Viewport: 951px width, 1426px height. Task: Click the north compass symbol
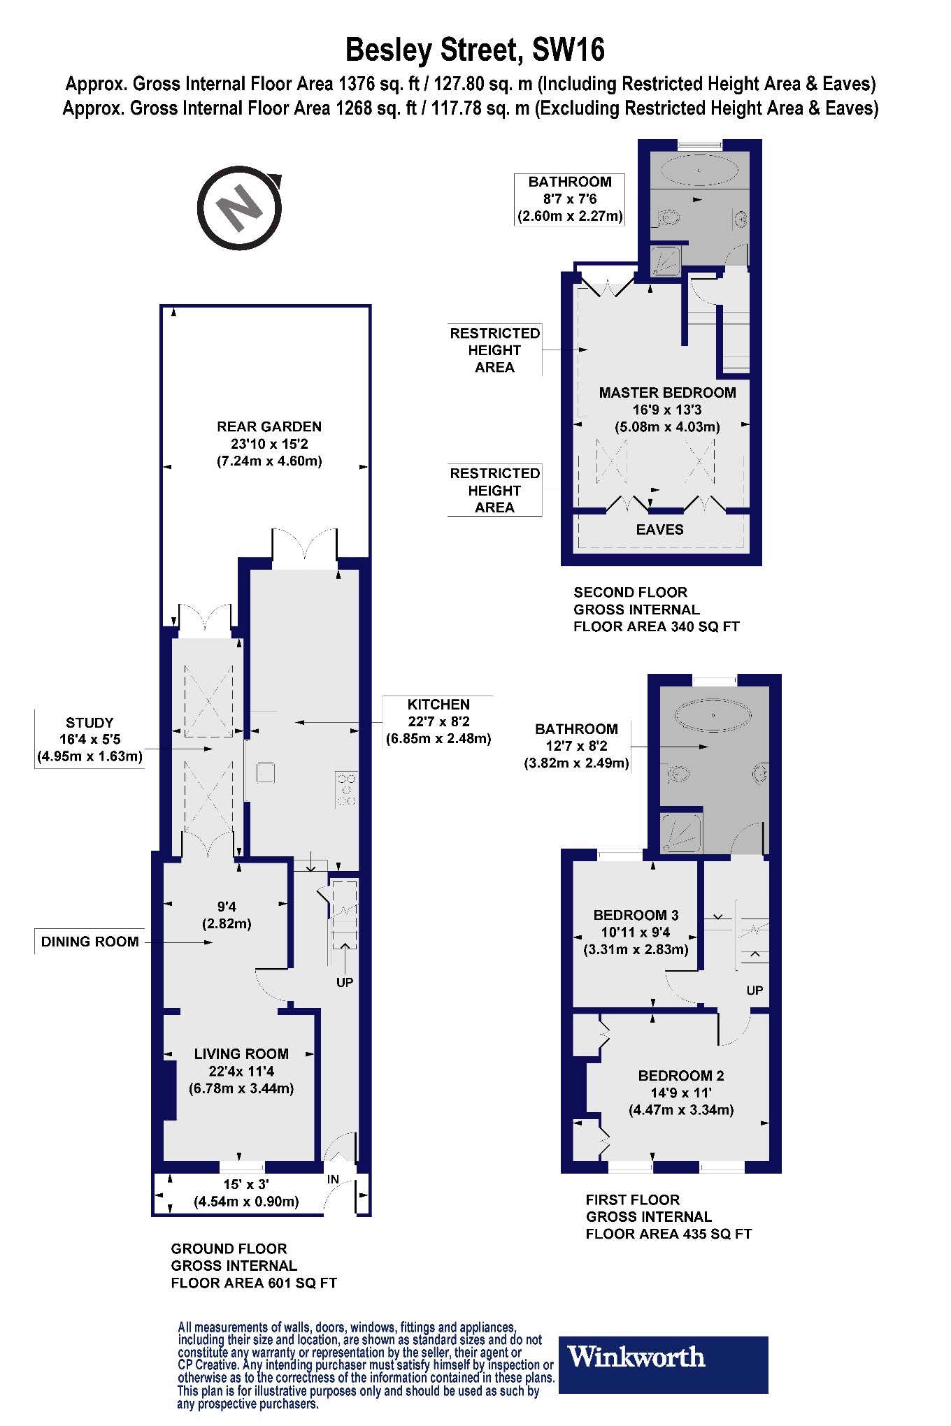(239, 208)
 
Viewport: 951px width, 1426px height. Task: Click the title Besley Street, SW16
(475, 50)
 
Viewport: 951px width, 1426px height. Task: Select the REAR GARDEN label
(269, 426)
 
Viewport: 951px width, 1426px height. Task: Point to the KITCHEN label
(438, 705)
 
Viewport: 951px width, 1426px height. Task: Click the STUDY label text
(90, 723)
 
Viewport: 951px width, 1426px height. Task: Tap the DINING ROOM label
(90, 942)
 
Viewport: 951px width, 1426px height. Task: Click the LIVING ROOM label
(241, 1054)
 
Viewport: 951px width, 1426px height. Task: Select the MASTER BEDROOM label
(667, 393)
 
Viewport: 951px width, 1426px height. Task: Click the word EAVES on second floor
(659, 530)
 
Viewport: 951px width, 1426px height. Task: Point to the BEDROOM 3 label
(636, 915)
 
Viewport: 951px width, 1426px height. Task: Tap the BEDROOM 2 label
(680, 1076)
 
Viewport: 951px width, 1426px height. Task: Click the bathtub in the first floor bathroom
(713, 716)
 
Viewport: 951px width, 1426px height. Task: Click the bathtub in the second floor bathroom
(699, 171)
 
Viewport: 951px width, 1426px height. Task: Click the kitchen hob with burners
(347, 789)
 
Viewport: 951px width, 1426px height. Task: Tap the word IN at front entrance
(333, 1179)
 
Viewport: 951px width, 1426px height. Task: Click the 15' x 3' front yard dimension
(246, 1184)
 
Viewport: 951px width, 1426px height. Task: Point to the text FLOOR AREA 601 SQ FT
(254, 1283)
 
